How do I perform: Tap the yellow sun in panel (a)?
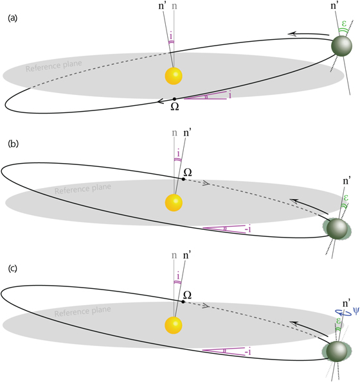click(x=173, y=76)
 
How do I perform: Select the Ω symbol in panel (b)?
click(x=188, y=172)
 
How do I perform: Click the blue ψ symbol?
click(x=354, y=311)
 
